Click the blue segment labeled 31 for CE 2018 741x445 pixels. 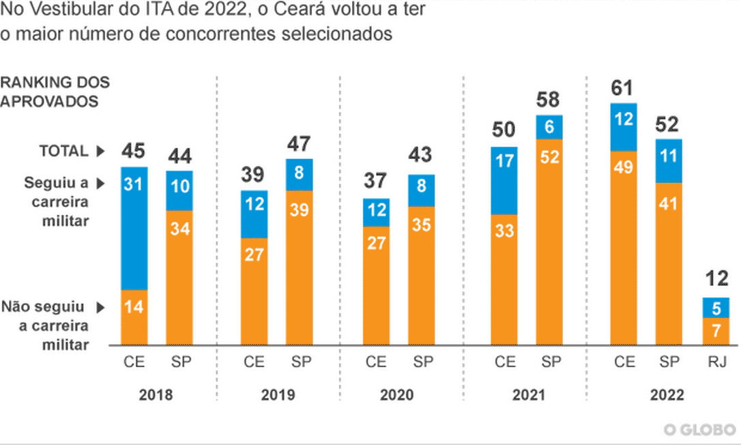point(134,228)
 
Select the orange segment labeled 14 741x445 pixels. point(134,317)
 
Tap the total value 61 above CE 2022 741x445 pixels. point(622,88)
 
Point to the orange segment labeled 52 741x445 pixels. point(549,242)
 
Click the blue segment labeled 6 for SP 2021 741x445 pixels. point(549,127)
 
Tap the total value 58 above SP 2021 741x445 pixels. point(549,100)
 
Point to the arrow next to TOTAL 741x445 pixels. point(100,152)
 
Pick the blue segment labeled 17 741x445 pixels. point(504,180)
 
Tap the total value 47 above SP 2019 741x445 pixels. point(298,145)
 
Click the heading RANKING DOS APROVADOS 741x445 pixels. point(55,91)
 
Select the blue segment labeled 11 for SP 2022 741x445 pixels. point(668,161)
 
